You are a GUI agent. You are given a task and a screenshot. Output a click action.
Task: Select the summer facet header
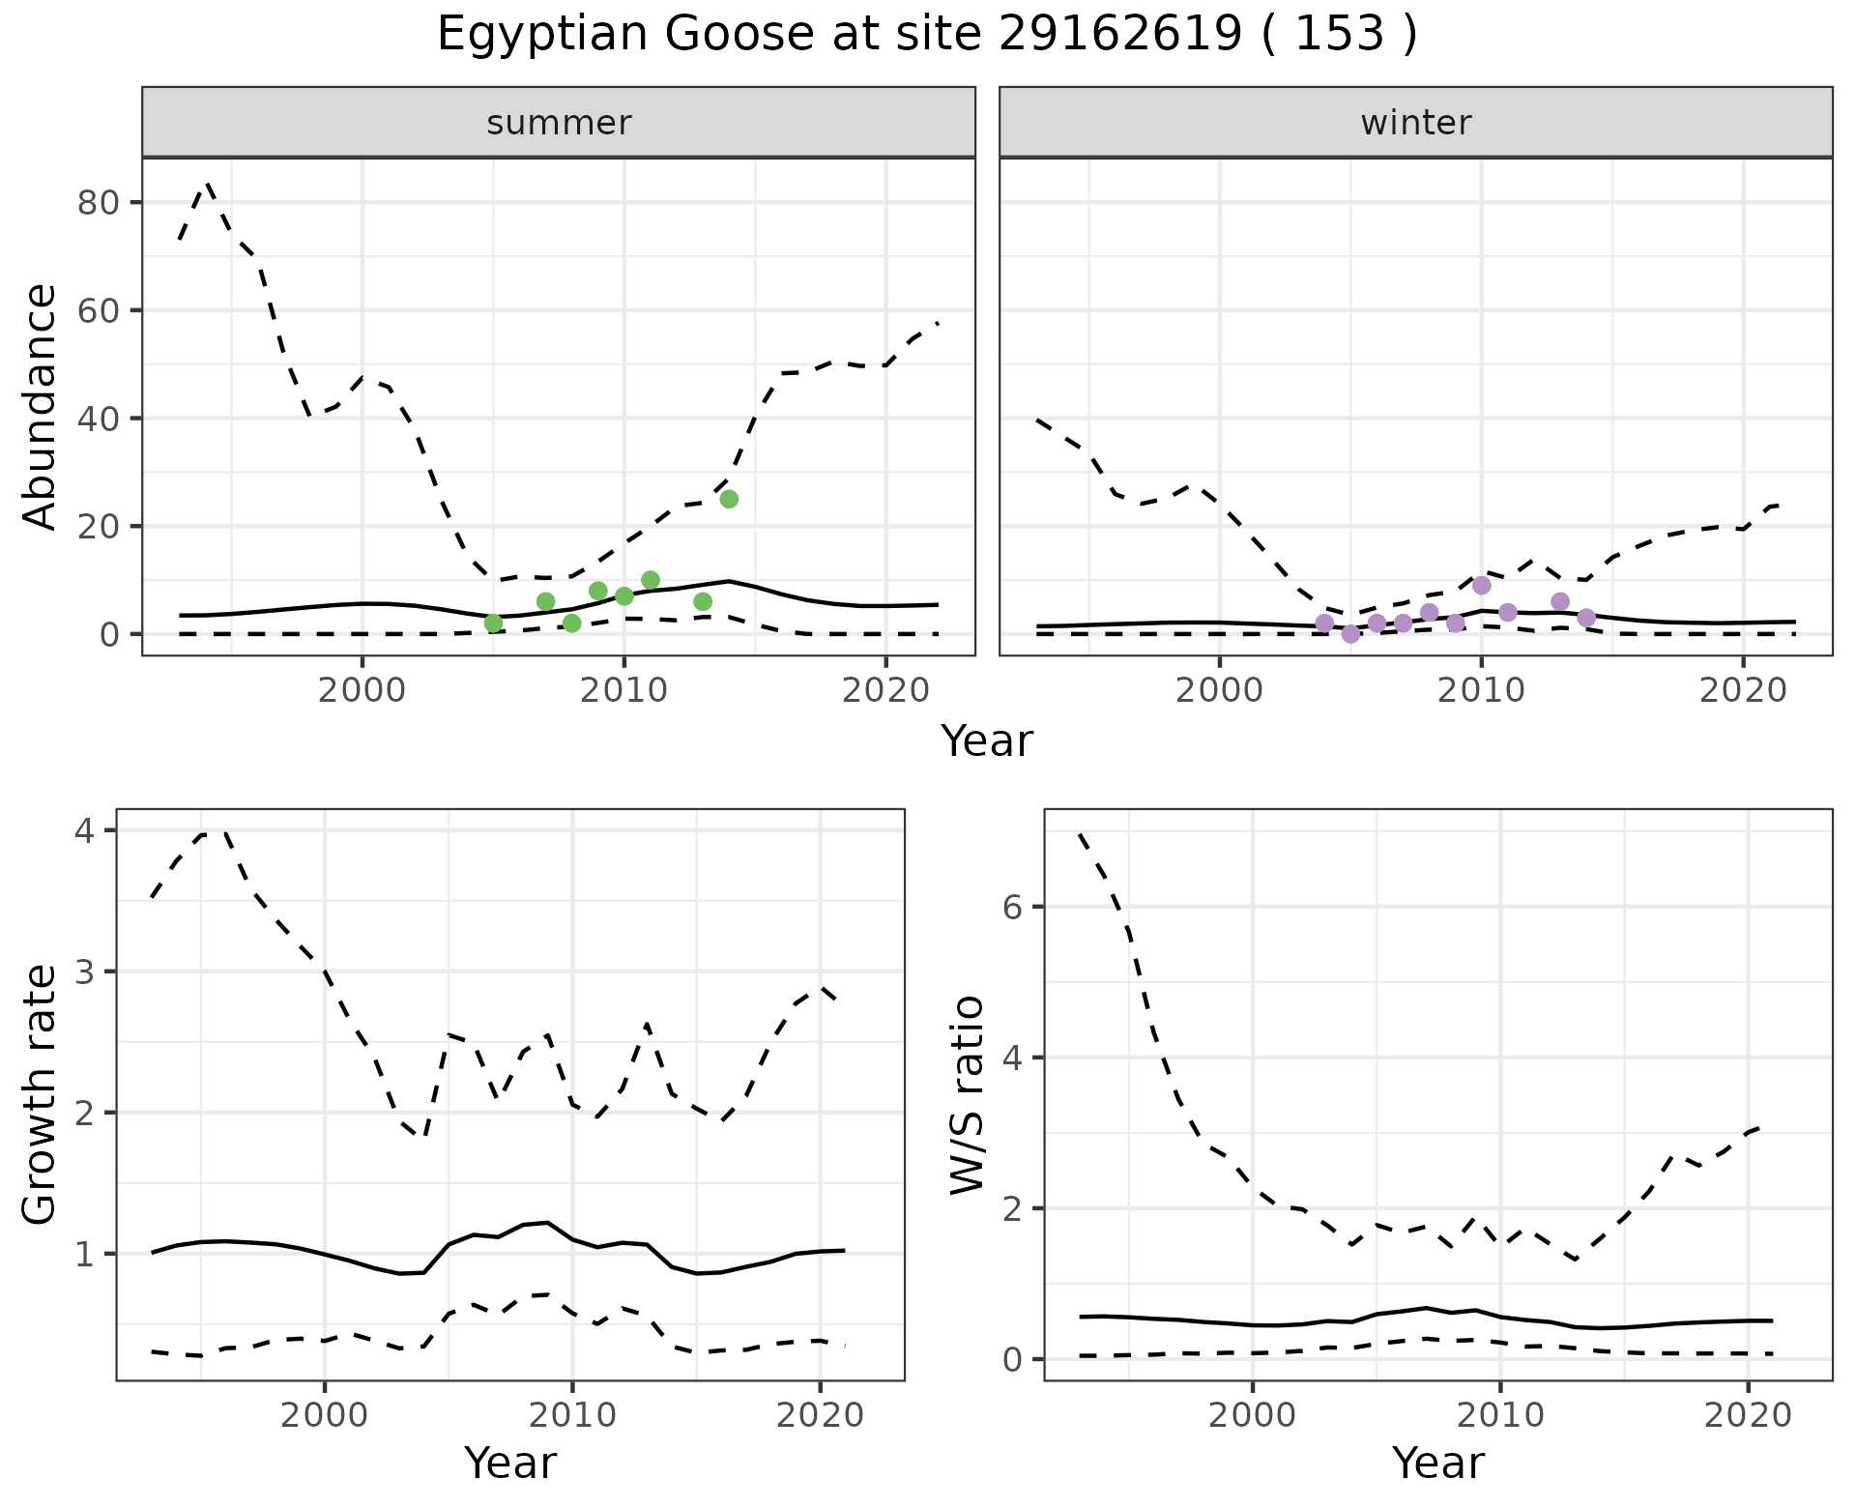pos(558,123)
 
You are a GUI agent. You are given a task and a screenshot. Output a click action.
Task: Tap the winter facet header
pos(1415,123)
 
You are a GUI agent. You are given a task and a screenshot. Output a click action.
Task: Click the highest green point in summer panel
pos(729,499)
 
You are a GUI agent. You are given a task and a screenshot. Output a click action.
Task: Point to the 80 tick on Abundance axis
pos(99,203)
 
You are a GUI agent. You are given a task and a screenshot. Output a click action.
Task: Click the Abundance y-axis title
pos(40,407)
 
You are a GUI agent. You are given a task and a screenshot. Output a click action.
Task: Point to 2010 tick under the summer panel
pos(623,690)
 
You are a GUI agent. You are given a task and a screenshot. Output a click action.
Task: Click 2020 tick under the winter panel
pos(1742,690)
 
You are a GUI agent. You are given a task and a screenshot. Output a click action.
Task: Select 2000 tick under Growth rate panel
pos(324,1415)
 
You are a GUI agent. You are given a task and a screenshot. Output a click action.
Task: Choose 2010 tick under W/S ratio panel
pos(1499,1415)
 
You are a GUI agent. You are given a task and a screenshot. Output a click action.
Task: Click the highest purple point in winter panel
pos(1481,585)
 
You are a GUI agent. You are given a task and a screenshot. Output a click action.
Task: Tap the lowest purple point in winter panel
pos(1350,634)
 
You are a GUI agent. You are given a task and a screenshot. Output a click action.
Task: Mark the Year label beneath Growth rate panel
pos(510,1463)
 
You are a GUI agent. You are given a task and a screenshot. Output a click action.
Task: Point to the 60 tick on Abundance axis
pos(99,311)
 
